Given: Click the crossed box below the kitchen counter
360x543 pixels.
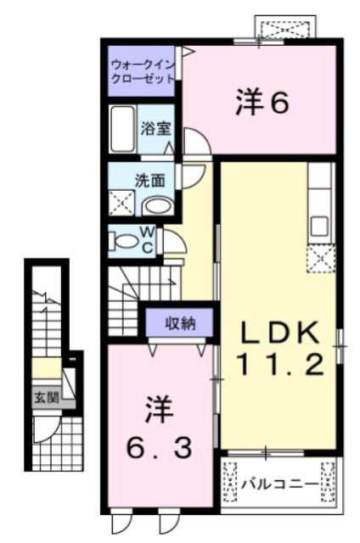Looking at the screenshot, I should (320, 257).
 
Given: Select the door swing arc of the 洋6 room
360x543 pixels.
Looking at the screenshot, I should (193, 141).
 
